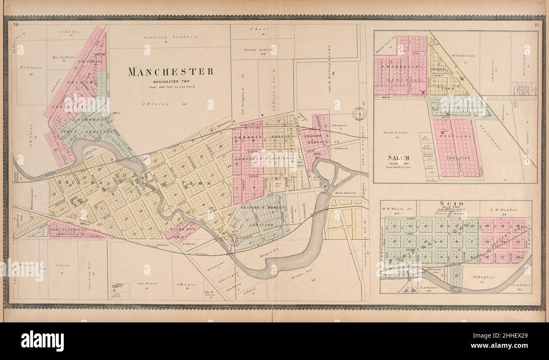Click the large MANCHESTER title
[171, 71]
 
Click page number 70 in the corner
[16, 25]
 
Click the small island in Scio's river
[455, 289]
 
